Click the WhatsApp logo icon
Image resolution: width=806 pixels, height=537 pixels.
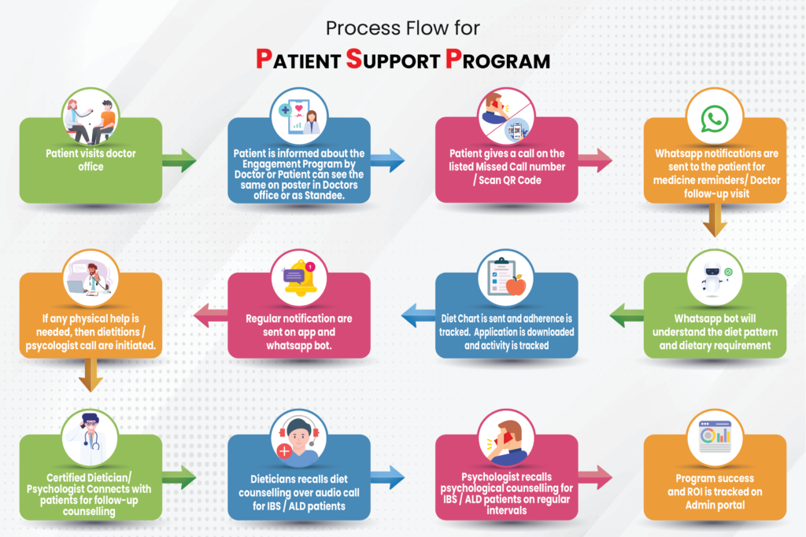714,119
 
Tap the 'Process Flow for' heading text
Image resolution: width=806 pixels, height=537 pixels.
402,29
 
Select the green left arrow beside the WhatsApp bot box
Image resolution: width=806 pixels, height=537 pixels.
627,316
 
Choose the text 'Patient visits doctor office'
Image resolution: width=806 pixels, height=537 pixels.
91,160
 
